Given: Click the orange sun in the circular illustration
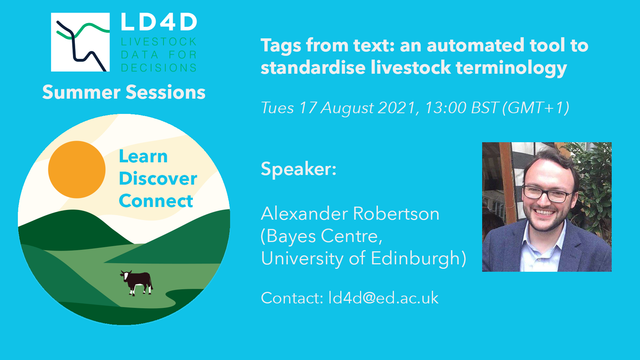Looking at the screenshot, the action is [x=77, y=169].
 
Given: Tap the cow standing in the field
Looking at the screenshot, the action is [x=136, y=283].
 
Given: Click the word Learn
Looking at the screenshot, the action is [x=143, y=156].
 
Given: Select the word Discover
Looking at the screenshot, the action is [x=158, y=179].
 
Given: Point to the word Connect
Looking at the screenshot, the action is [x=156, y=201].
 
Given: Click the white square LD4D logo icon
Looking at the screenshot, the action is [x=80, y=42].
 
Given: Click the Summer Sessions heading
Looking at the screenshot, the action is [x=124, y=92].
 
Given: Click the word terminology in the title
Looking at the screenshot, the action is [x=511, y=68].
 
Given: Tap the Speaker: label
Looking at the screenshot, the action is [x=299, y=169].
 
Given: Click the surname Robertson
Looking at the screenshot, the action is [x=396, y=214].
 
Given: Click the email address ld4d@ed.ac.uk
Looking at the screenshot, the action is [x=383, y=298].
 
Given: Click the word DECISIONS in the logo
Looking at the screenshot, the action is [x=159, y=68].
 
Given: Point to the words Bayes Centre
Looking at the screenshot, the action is [x=322, y=236].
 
